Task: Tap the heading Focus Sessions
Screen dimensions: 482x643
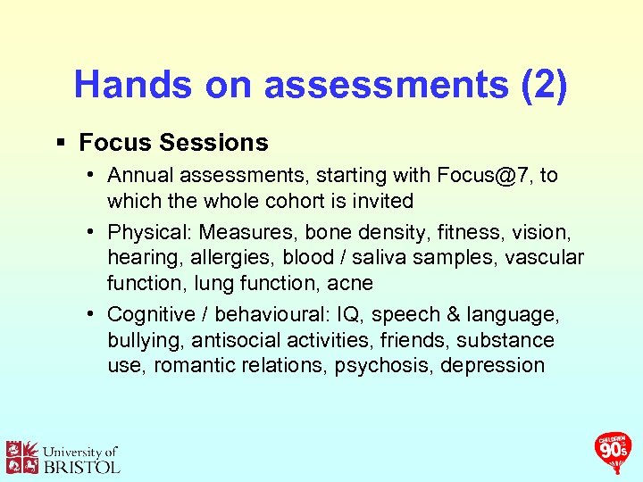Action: pyautogui.click(x=173, y=143)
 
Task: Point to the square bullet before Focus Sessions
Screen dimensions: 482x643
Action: pyautogui.click(x=61, y=143)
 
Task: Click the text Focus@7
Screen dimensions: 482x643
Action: pyautogui.click(x=482, y=176)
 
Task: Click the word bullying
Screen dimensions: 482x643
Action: pyautogui.click(x=143, y=340)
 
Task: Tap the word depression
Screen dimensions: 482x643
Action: pyautogui.click(x=492, y=365)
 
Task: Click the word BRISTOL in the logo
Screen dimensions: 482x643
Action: pyautogui.click(x=81, y=466)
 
